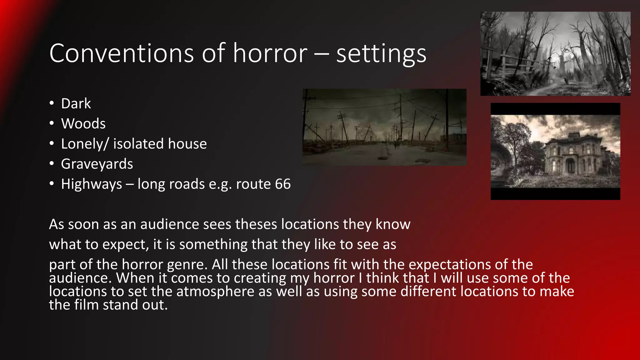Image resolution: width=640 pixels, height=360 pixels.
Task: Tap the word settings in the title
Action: click(381, 53)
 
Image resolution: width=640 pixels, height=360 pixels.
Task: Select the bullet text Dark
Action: click(76, 103)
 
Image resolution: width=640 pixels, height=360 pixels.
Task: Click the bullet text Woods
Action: click(83, 123)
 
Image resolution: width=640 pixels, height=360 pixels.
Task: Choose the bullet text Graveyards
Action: click(97, 164)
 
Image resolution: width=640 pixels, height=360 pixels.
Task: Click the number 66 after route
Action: click(283, 184)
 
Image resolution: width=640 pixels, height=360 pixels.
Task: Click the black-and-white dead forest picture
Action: click(555, 54)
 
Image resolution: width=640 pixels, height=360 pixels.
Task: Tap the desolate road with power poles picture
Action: click(384, 127)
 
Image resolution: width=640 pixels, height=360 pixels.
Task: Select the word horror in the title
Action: click(270, 53)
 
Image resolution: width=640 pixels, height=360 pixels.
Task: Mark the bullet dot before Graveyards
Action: click(52, 163)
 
